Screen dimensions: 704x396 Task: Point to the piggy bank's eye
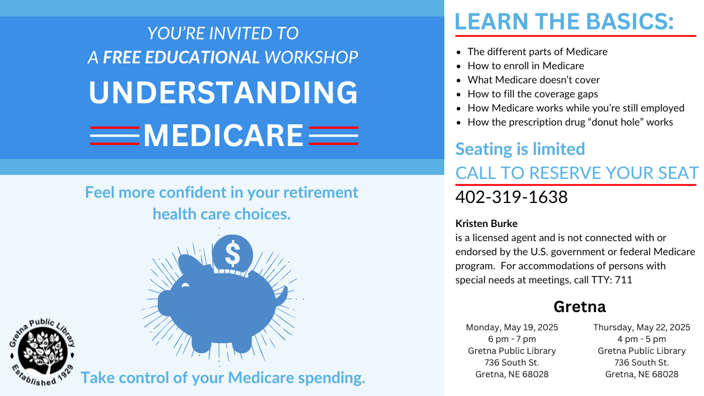[x=185, y=285]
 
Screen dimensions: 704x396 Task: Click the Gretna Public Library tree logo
[x=42, y=352]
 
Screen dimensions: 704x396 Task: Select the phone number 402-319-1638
[x=512, y=197]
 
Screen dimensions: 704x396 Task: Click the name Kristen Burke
[x=486, y=224]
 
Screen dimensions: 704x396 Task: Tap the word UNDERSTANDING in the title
[x=223, y=93]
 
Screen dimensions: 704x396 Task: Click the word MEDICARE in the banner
[x=224, y=136]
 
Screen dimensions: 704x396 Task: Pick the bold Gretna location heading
[x=580, y=306]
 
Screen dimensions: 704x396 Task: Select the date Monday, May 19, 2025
[x=512, y=327]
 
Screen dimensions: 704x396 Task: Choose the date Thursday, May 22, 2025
[x=641, y=327]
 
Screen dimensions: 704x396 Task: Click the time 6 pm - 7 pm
[x=512, y=339]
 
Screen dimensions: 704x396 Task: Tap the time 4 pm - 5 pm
[x=641, y=339]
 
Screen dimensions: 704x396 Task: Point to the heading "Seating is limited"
[x=520, y=149]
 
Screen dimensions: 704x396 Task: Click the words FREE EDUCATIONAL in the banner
[x=181, y=57]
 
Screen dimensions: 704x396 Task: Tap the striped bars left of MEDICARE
[x=115, y=136]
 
